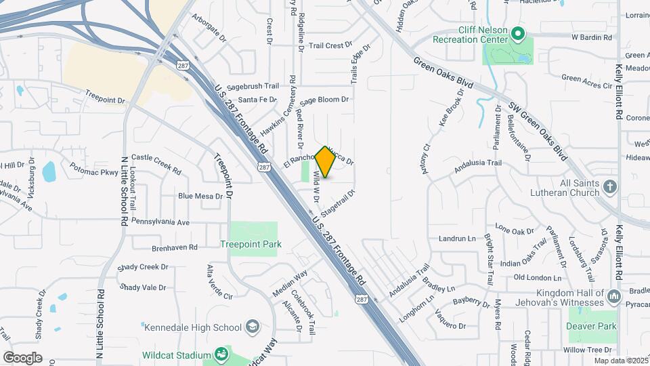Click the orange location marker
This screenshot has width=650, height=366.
tap(326, 161)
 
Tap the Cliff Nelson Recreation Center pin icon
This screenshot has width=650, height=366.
tap(518, 33)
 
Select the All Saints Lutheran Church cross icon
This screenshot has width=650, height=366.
tap(610, 186)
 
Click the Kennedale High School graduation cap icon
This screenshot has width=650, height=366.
tap(252, 327)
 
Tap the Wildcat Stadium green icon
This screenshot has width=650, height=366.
tap(221, 354)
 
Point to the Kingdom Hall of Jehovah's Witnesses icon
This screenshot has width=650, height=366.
tap(614, 296)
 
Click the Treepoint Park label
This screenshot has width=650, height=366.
tap(251, 244)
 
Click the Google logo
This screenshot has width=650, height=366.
tap(22, 357)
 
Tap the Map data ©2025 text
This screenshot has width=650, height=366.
tap(620, 361)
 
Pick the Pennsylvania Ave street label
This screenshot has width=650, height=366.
tap(160, 222)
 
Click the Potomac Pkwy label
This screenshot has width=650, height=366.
tap(95, 173)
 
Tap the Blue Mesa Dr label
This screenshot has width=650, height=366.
tap(200, 196)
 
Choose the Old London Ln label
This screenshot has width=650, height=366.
tap(538, 277)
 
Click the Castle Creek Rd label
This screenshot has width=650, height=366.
tap(156, 163)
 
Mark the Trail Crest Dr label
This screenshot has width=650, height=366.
tap(330, 46)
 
